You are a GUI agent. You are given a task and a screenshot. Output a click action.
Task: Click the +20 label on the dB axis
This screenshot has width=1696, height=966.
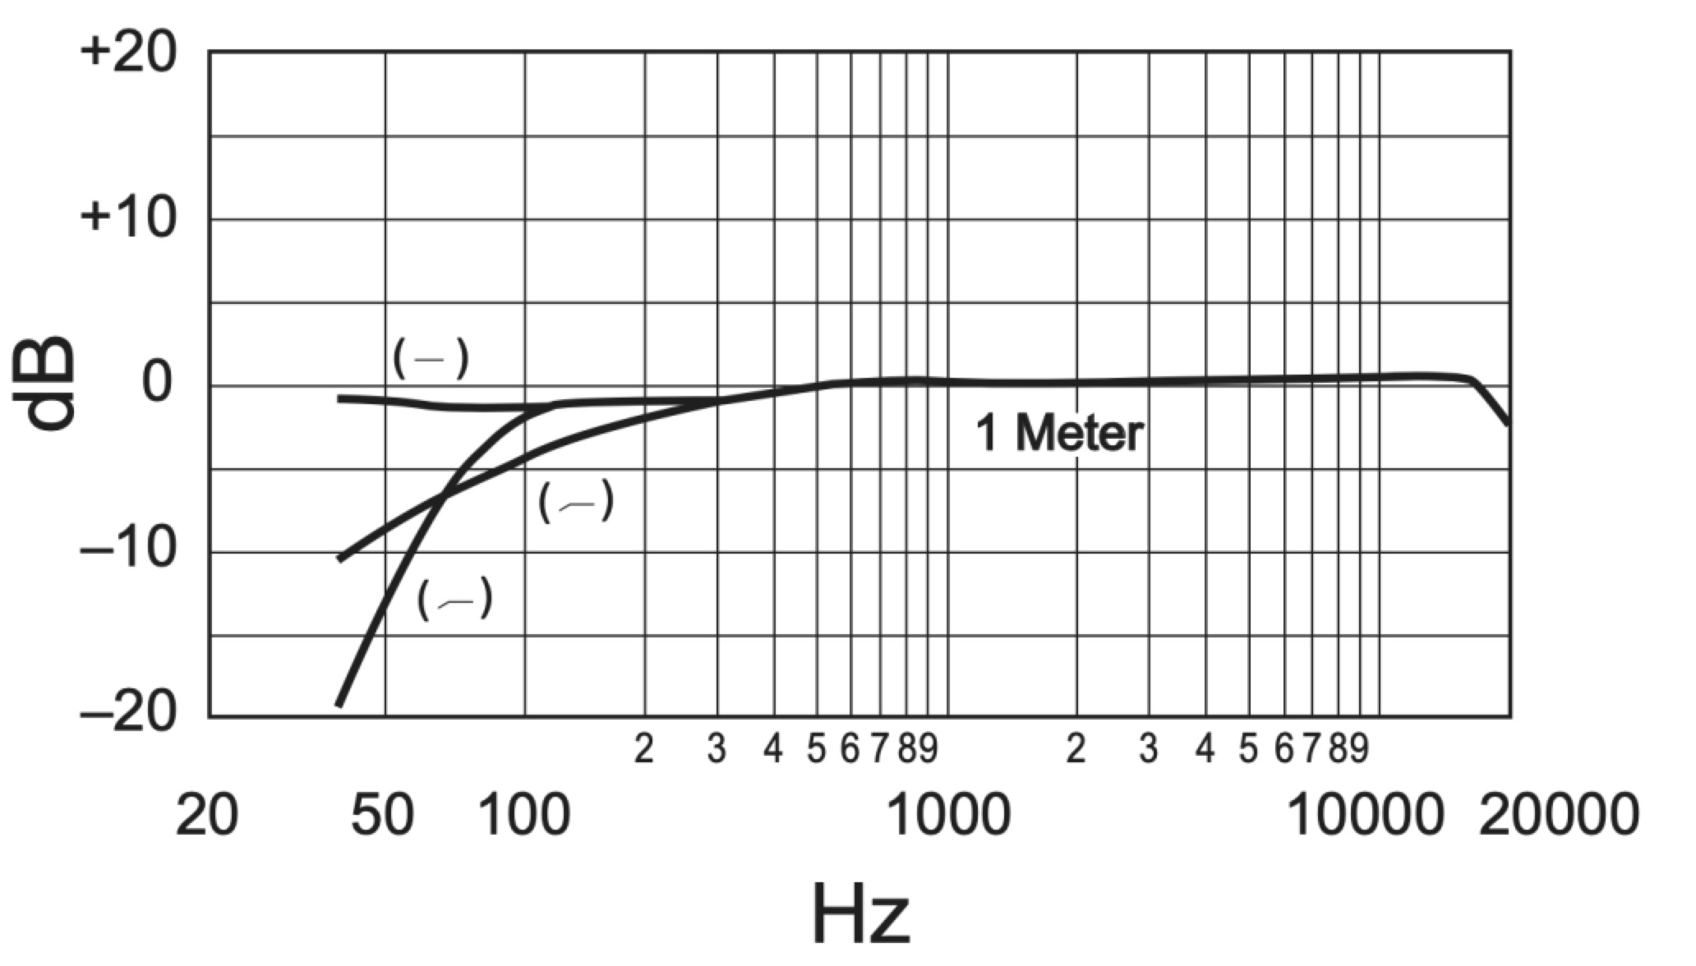coord(127,54)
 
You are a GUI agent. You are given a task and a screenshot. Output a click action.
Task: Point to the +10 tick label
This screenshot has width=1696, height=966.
coord(127,219)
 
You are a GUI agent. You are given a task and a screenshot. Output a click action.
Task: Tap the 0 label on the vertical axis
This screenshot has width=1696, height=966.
coord(159,383)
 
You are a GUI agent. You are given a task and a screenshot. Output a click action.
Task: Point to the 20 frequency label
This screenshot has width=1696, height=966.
coord(206,816)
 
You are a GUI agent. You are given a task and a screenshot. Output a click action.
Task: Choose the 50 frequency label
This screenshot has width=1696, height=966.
coord(382,816)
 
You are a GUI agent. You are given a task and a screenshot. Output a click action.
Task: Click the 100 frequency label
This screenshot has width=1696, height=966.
coord(523,816)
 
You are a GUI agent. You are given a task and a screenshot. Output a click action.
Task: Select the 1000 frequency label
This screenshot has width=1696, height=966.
coord(950,816)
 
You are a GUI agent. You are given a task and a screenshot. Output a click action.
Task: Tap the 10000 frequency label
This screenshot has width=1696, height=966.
coord(1366,816)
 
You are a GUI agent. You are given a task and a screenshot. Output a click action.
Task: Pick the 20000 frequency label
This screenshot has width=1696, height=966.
coord(1559,816)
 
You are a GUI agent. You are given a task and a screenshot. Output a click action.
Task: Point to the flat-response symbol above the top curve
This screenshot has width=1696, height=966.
coord(431,358)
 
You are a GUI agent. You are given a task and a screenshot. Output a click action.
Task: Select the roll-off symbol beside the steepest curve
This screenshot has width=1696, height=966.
coord(454,599)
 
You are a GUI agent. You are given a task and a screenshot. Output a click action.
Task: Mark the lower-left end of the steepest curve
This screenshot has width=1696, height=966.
coord(339,704)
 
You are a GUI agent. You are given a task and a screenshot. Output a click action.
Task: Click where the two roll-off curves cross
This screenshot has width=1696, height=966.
coord(445,495)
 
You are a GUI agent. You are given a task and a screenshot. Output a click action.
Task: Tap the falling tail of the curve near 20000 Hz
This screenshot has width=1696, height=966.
coord(1496,407)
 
